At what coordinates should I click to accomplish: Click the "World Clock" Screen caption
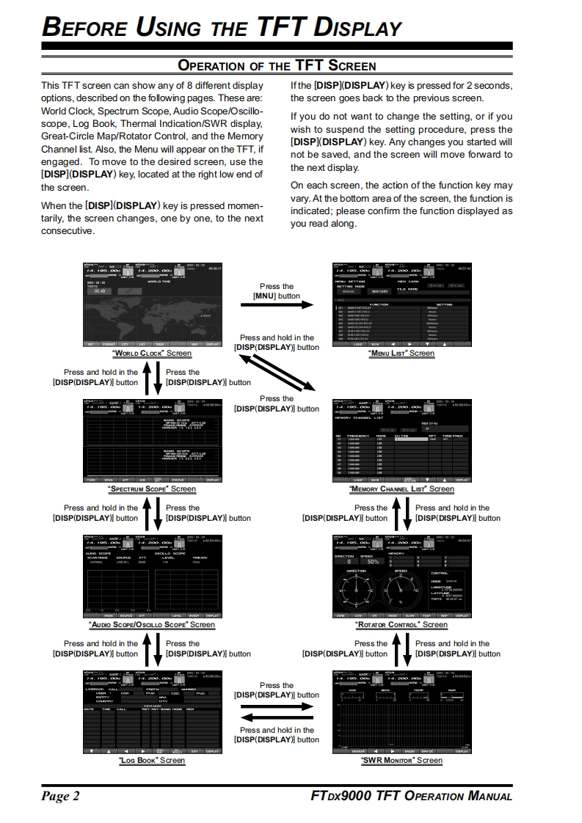(151, 353)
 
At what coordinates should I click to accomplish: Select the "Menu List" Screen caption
(401, 353)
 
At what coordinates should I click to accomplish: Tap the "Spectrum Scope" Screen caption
(151, 489)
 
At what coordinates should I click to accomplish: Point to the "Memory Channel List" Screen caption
(401, 489)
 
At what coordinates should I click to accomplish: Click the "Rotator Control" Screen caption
(401, 624)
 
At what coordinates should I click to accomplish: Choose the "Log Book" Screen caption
(151, 760)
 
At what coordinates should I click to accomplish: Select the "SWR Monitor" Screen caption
(401, 760)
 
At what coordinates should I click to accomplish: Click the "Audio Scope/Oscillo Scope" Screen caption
(151, 624)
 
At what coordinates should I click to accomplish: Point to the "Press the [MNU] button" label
(277, 291)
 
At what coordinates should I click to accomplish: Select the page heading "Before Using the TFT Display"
(222, 28)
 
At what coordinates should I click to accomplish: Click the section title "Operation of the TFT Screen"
(277, 66)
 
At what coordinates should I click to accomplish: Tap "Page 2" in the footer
(60, 797)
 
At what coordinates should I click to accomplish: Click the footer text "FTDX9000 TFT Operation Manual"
(411, 797)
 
